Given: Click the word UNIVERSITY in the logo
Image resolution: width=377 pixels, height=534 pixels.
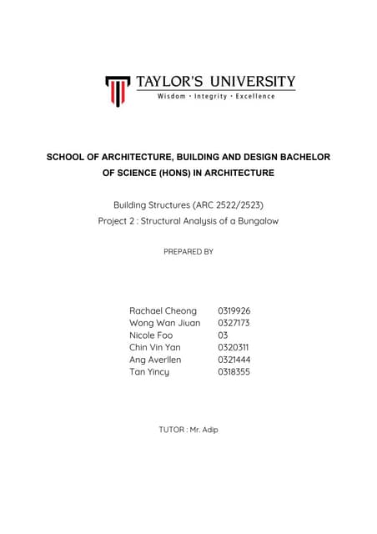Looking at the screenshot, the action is [250, 82].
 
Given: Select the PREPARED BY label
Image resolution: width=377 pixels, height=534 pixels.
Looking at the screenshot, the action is [188, 251].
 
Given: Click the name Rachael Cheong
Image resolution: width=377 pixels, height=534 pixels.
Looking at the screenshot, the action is [163, 310].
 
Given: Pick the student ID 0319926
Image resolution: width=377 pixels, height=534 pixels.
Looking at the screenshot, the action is [234, 310].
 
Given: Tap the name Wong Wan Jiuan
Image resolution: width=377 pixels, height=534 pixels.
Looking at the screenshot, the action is [164, 322].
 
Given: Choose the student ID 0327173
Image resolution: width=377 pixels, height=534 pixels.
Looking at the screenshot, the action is [234, 322].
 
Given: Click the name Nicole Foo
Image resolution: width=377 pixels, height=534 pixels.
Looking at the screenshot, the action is [151, 335].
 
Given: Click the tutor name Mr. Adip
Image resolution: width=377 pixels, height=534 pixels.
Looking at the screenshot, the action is [204, 429].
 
